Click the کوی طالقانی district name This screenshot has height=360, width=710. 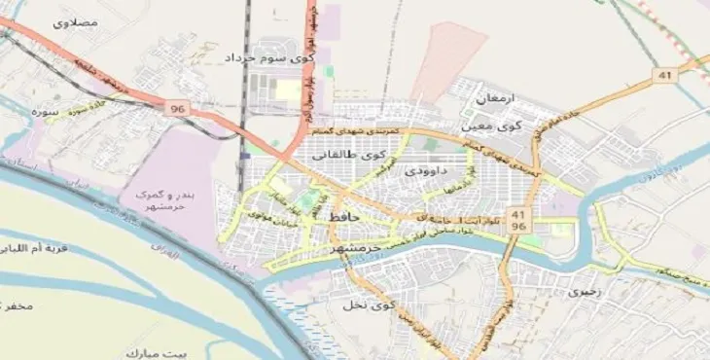(348, 154)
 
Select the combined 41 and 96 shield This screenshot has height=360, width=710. (517, 220)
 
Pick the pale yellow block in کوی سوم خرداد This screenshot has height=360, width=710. (289, 90)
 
